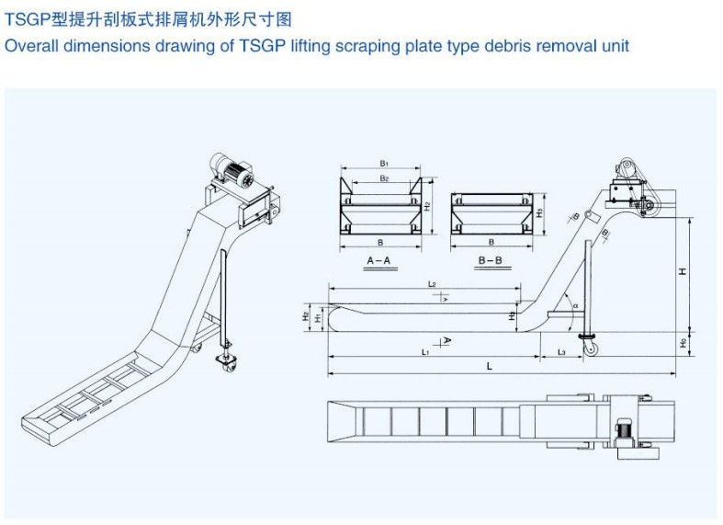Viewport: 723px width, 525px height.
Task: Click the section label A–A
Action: tap(379, 261)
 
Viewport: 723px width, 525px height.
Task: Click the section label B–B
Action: tap(490, 261)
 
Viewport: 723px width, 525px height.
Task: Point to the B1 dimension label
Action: tap(384, 163)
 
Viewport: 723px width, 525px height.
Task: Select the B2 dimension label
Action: tap(384, 177)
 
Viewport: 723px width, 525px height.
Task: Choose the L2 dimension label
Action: tap(431, 284)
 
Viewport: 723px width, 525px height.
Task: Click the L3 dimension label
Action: tap(560, 352)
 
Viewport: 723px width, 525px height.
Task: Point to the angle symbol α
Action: tap(574, 305)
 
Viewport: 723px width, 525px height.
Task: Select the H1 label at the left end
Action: tap(317, 317)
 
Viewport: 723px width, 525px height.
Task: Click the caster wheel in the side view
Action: tap(584, 348)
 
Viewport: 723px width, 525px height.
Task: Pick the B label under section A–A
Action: tap(379, 244)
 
